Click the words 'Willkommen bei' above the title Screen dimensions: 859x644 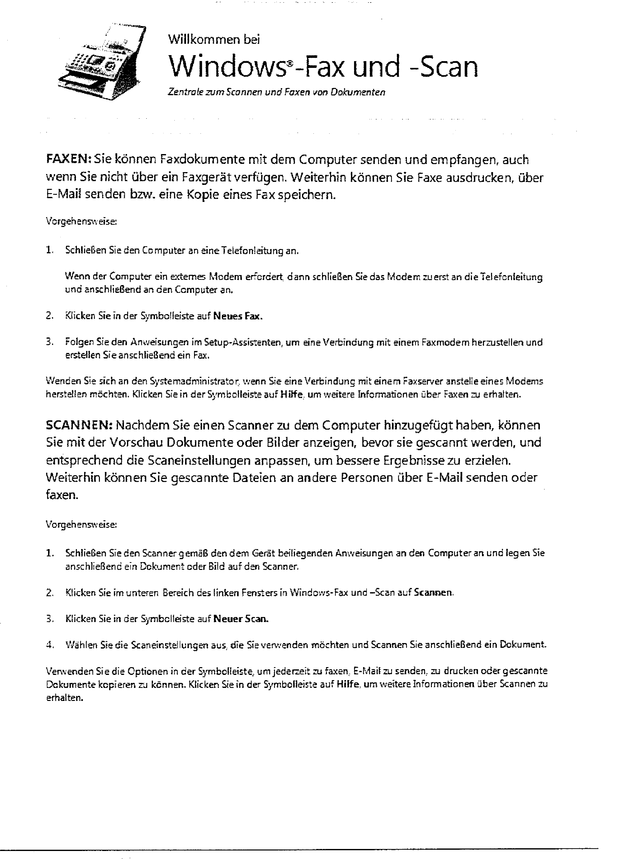coord(214,39)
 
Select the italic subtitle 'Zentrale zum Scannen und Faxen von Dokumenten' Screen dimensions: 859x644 coord(276,92)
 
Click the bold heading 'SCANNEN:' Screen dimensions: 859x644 coord(79,425)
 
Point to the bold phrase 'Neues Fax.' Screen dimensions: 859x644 coord(238,316)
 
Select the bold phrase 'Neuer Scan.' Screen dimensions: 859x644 coord(241,619)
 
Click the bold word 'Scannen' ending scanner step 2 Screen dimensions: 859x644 coord(433,593)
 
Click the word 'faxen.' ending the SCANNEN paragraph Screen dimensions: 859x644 coord(62,495)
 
